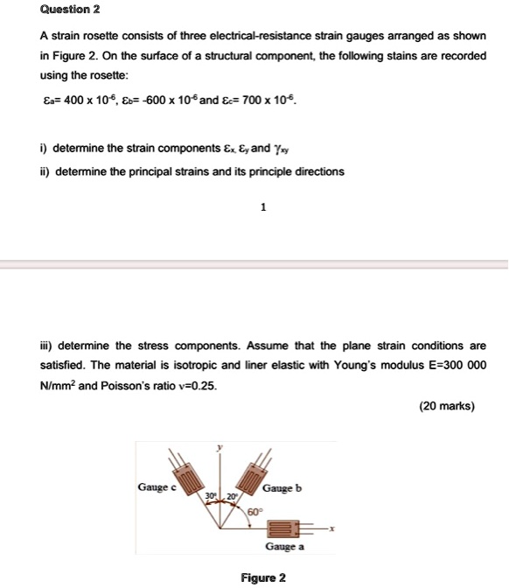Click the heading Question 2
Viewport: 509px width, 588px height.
71,10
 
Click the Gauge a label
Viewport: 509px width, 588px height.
284,547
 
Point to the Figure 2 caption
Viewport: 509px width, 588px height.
263,577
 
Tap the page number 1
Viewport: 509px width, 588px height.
262,207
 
